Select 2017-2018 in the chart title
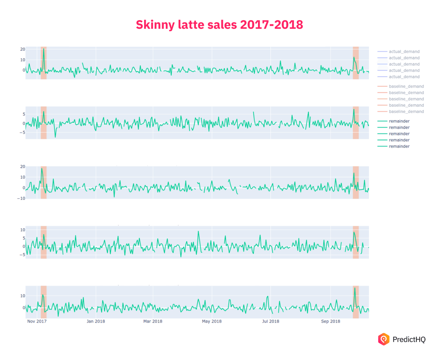[271, 25]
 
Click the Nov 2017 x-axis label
[37, 321]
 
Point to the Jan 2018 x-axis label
[96, 321]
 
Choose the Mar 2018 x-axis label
[153, 321]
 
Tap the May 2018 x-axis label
[211, 321]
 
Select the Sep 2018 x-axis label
[330, 321]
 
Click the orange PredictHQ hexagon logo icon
[383, 339]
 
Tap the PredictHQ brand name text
[409, 339]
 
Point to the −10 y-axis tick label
[21, 198]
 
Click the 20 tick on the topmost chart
[22, 49]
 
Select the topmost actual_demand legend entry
[404, 51]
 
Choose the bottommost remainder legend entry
[399, 146]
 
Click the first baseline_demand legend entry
[406, 86]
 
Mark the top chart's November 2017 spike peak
[44, 49]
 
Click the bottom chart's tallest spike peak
[355, 288]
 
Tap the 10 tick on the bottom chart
[22, 296]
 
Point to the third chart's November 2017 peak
[42, 168]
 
